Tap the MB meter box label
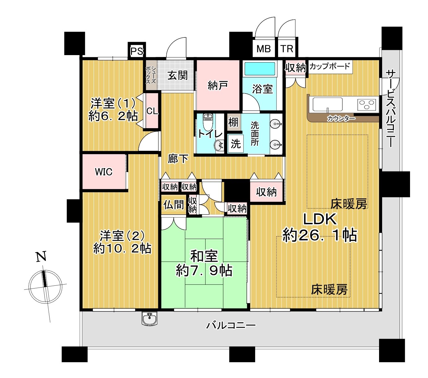[x=264, y=49]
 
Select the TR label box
[x=287, y=49]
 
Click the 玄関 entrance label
[x=177, y=75]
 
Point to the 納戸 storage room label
[x=218, y=85]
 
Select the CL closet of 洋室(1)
[x=152, y=111]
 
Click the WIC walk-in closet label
[x=103, y=172]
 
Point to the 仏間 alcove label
[x=173, y=204]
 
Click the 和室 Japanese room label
[x=204, y=256]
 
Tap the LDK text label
[x=320, y=219]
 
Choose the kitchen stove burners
[x=367, y=104]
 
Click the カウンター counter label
[x=341, y=118]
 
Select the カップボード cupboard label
[x=330, y=66]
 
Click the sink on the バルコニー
[x=150, y=318]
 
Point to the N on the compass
[x=41, y=257]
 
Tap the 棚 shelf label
[x=233, y=122]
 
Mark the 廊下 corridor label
[x=178, y=159]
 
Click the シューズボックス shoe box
[x=151, y=75]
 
